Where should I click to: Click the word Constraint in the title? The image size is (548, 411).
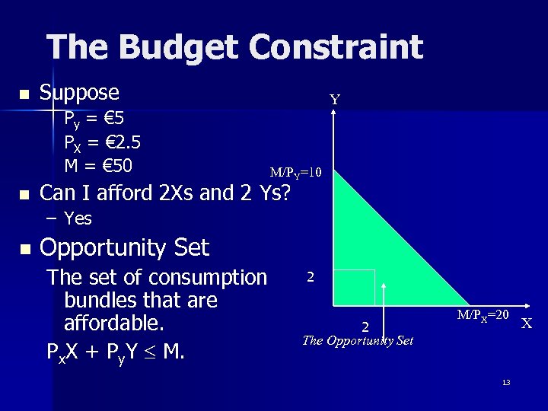(336, 47)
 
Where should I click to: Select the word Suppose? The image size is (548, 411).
(79, 93)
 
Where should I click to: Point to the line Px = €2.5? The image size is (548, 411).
(102, 142)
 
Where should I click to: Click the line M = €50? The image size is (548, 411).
(98, 164)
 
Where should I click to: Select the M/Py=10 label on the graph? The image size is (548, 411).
(296, 174)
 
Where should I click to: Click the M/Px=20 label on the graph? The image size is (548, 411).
(483, 314)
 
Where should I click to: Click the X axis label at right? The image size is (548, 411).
(526, 323)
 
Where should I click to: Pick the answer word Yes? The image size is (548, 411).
(78, 219)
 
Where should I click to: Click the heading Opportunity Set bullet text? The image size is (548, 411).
(123, 248)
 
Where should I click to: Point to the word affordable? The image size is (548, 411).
(114, 323)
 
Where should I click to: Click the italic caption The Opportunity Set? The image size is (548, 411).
(358, 340)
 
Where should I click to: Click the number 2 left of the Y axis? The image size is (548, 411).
(311, 277)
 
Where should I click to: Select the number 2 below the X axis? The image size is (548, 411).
(365, 327)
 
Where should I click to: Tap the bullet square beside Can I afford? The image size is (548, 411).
(24, 195)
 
